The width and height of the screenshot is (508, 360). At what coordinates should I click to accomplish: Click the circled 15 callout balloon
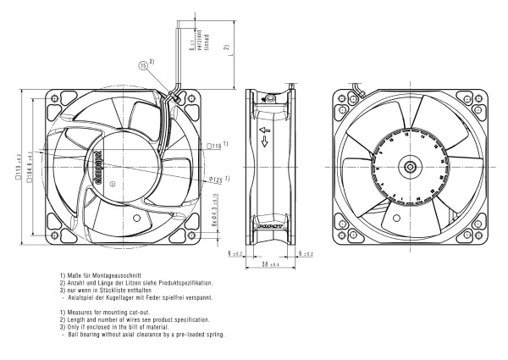click(142, 66)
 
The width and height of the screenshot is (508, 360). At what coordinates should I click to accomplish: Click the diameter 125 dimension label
click(214, 180)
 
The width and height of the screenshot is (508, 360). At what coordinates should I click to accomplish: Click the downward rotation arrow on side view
click(264, 145)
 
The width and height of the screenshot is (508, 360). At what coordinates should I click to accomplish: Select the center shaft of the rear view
click(410, 166)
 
